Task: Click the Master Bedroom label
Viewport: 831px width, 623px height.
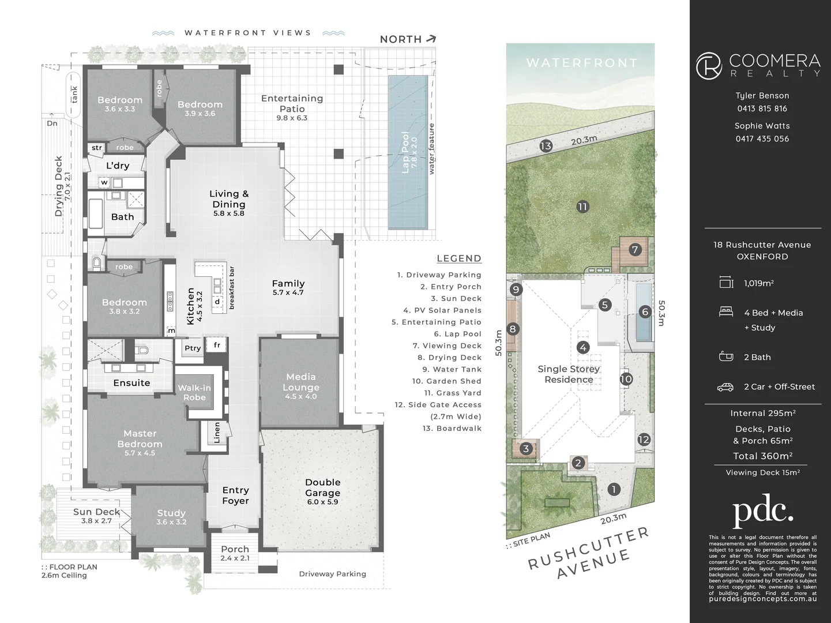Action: [140, 439]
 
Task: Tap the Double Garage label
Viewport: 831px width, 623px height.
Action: [323, 487]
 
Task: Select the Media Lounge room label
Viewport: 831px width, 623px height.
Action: [300, 382]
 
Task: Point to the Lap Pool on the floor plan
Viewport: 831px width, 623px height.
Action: [407, 152]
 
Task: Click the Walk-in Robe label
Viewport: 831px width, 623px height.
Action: [194, 392]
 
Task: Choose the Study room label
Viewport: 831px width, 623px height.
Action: [171, 513]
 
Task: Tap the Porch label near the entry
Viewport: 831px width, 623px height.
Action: [235, 549]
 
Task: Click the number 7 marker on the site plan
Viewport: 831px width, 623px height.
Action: [635, 250]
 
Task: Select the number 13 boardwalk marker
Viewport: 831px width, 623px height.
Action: [546, 146]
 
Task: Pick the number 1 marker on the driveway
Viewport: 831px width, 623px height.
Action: [614, 489]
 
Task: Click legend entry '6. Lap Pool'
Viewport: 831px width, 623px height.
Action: [457, 334]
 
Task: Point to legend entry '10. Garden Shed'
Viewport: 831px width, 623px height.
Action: [446, 381]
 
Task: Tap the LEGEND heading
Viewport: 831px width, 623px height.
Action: [459, 258]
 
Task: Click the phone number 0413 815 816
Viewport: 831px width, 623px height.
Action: [762, 108]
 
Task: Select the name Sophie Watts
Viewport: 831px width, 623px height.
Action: [762, 126]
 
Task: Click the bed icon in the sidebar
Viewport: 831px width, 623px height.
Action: [726, 312]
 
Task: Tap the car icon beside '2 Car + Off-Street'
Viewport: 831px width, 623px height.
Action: [725, 387]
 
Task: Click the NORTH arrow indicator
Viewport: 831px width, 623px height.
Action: [430, 39]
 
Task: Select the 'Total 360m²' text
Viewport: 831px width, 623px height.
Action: [762, 456]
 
